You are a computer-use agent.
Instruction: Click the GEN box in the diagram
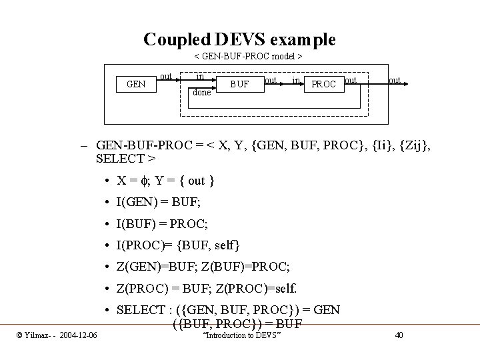[x=137, y=85]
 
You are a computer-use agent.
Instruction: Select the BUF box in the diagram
[x=239, y=85]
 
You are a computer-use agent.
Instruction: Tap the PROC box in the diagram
[x=323, y=85]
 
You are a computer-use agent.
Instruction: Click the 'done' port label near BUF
[x=201, y=93]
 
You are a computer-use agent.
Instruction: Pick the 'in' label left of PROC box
[x=295, y=81]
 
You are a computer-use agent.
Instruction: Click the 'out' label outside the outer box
[x=395, y=81]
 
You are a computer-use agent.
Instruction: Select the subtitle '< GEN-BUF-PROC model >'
[x=248, y=57]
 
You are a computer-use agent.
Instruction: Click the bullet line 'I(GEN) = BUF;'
[x=159, y=202]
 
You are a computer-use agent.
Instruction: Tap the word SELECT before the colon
[x=141, y=310]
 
